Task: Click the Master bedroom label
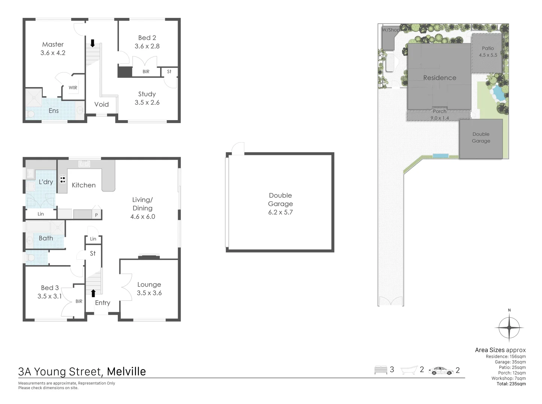point(53,45)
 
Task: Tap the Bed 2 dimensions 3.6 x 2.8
point(147,46)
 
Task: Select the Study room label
point(147,94)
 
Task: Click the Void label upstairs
point(101,104)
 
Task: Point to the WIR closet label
point(73,88)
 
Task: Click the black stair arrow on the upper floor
point(92,43)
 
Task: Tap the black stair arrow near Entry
point(93,293)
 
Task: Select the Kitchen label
point(83,185)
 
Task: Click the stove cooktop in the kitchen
point(62,180)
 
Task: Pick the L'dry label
point(46,182)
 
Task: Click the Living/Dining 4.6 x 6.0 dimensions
point(143,217)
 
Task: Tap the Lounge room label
point(149,285)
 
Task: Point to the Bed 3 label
point(50,288)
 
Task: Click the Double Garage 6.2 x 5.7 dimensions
point(280,212)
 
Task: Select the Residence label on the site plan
point(440,78)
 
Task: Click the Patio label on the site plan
point(488,48)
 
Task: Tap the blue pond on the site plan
point(497,93)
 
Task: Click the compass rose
point(509,328)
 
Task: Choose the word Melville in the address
point(126,371)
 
